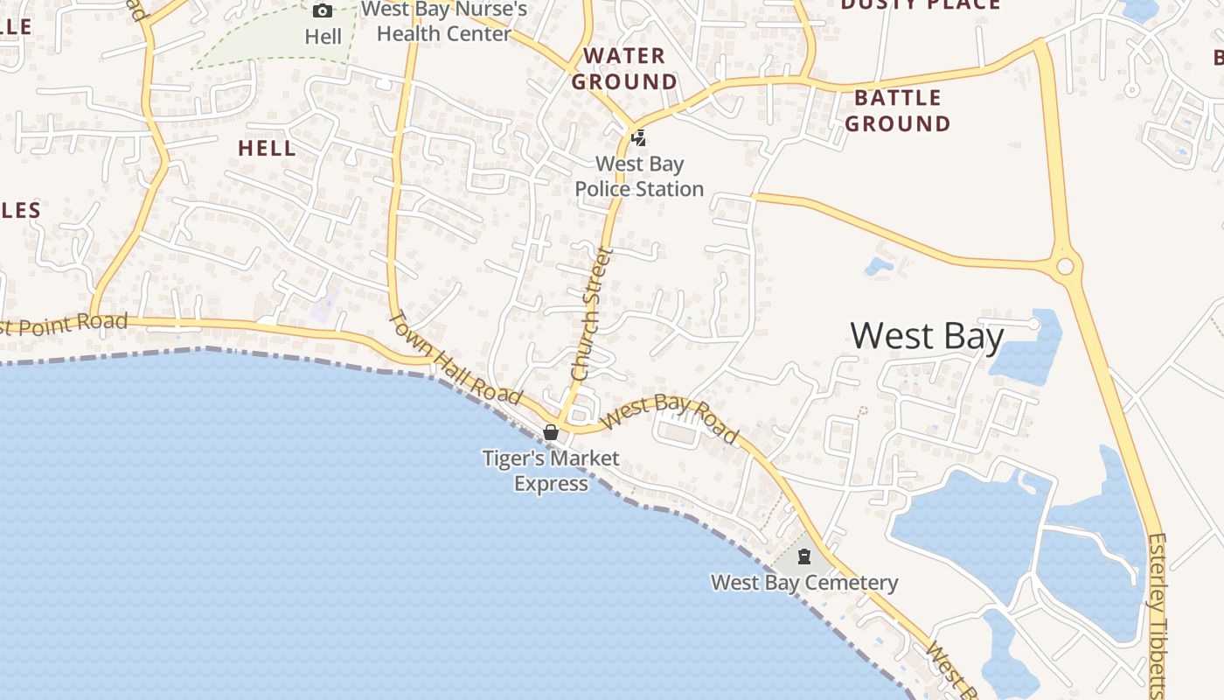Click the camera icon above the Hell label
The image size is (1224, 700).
click(323, 11)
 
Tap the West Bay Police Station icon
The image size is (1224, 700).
click(639, 137)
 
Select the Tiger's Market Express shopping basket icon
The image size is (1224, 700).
click(551, 432)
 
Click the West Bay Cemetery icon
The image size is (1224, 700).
click(804, 556)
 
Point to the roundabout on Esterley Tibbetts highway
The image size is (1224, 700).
click(1065, 266)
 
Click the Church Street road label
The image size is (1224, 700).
click(590, 313)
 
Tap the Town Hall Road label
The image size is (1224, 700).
click(454, 358)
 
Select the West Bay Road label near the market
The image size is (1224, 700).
click(671, 417)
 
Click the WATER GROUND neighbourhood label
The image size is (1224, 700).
click(624, 69)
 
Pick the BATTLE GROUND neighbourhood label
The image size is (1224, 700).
click(898, 111)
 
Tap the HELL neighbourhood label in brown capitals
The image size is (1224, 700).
click(268, 149)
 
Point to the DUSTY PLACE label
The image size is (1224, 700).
click(920, 5)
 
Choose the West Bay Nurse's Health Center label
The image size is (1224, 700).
click(444, 22)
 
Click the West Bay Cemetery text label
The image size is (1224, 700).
click(804, 583)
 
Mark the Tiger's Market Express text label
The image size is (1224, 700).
click(551, 471)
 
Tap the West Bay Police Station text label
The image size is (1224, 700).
click(639, 176)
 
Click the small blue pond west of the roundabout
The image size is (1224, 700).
click(879, 265)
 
